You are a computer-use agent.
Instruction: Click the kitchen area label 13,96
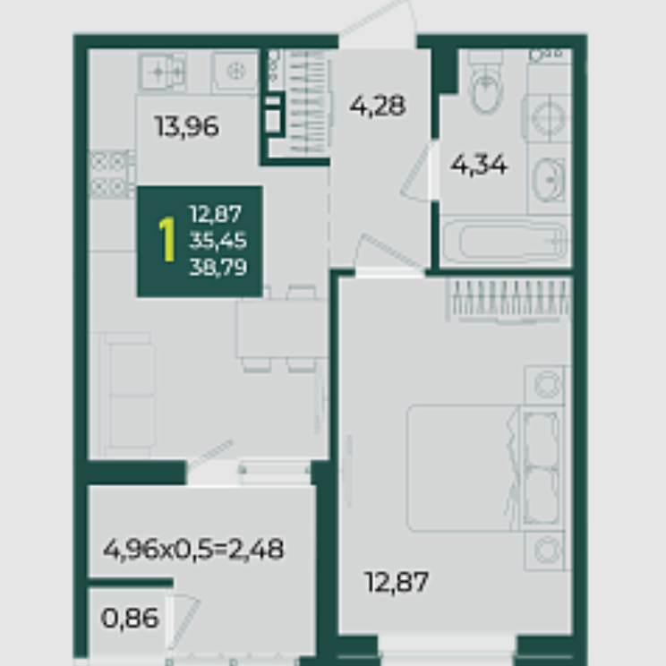(x=187, y=126)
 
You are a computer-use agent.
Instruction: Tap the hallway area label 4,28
(x=378, y=106)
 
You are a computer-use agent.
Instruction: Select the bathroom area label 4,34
(x=479, y=165)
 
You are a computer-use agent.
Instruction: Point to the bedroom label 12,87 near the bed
(x=397, y=582)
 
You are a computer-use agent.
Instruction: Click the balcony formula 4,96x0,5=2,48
(x=193, y=550)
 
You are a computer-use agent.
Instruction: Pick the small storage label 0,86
(x=130, y=618)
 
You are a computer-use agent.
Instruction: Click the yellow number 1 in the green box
(x=167, y=240)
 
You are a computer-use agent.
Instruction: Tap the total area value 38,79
(x=218, y=268)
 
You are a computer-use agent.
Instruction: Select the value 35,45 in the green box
(x=218, y=241)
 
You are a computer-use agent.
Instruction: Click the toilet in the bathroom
(x=487, y=83)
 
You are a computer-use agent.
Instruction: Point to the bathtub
(x=505, y=242)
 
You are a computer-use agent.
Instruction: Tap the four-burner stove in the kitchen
(x=109, y=175)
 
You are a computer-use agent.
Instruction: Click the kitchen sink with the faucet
(x=163, y=72)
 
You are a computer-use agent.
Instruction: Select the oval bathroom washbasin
(x=549, y=180)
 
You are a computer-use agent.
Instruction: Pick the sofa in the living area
(x=127, y=395)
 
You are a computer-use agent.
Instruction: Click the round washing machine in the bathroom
(x=549, y=117)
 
